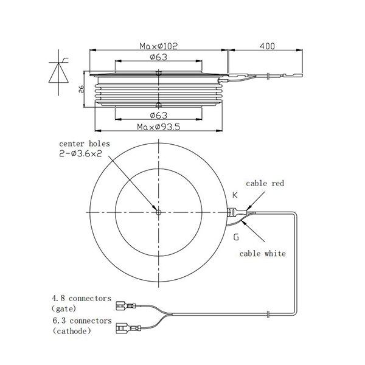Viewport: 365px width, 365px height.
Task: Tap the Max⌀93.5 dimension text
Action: (158, 127)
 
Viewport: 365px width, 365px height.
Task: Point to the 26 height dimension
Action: (80, 89)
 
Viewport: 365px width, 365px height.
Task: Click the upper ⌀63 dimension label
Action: (158, 57)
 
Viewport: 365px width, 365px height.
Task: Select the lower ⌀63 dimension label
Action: (158, 115)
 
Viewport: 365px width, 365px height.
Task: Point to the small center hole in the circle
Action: (158, 212)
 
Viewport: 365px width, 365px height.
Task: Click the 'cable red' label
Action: (265, 183)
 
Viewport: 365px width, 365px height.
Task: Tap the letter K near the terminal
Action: (235, 195)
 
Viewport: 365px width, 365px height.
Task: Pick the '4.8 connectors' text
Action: (82, 299)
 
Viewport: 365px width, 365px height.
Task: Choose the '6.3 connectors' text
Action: (82, 320)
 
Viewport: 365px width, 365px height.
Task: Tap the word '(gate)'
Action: (66, 310)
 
